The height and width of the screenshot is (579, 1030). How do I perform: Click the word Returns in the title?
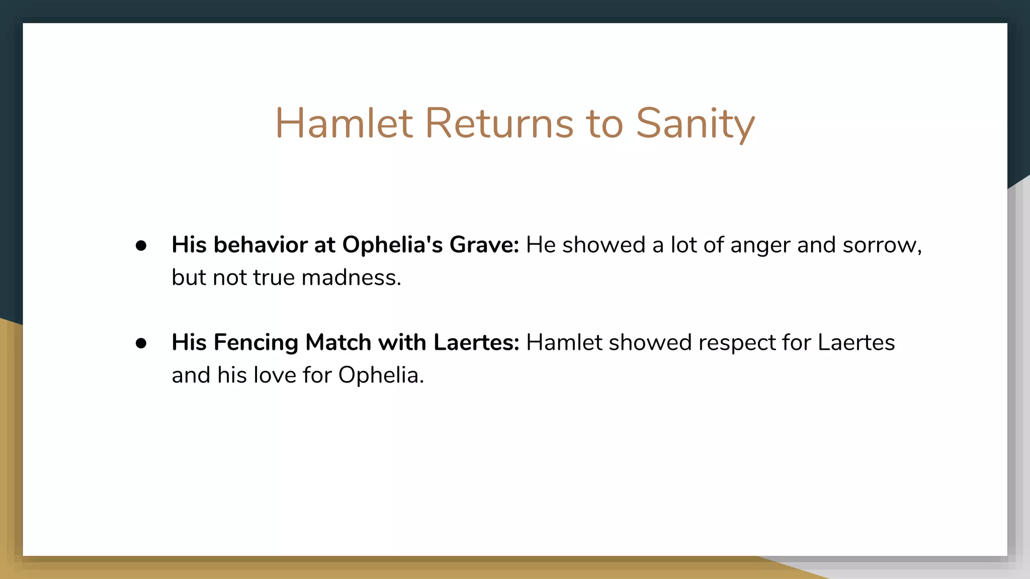499,123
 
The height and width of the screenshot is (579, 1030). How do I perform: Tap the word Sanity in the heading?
695,124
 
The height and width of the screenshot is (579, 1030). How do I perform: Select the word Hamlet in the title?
344,123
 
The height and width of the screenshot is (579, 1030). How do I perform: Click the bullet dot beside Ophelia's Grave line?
141,246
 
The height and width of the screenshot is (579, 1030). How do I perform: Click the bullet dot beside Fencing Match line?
141,343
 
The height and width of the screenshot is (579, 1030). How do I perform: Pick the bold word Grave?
484,245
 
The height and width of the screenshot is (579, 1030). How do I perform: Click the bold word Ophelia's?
392,246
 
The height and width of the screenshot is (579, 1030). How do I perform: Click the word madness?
351,277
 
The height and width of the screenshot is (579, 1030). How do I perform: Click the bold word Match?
338,342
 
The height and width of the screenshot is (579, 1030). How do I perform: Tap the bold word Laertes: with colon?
476,342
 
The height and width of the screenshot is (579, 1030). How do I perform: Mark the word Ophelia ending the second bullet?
381,375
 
